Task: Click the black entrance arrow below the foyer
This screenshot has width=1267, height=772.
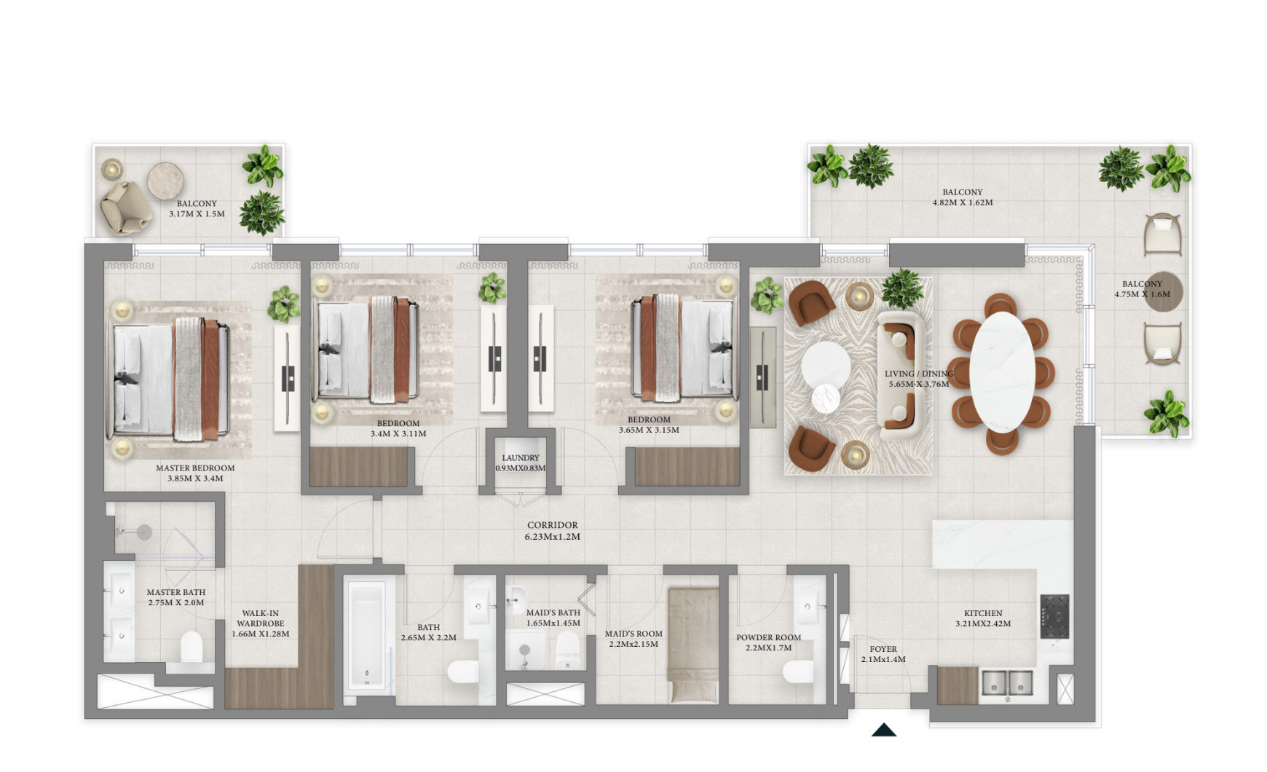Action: pos(884,730)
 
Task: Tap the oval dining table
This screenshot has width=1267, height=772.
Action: pos(1002,372)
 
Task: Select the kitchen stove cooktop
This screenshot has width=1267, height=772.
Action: pos(1054,616)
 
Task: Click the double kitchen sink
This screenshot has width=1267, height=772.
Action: pos(1007,683)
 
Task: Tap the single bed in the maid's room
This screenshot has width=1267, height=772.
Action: pos(693,645)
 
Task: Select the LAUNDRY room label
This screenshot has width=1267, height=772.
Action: pos(521,458)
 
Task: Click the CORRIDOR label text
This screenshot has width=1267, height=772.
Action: pos(553,525)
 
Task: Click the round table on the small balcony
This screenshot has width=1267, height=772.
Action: pos(165,181)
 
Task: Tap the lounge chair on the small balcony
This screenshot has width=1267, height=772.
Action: pos(126,207)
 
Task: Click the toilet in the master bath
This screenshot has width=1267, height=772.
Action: pos(192,646)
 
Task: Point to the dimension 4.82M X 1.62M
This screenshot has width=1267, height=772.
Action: pos(963,202)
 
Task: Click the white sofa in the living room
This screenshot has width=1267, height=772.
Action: pos(900,375)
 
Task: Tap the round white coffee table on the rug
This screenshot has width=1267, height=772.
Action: pos(826,364)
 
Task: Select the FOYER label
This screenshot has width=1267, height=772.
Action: pos(883,649)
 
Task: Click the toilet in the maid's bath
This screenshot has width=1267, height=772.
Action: pos(567,650)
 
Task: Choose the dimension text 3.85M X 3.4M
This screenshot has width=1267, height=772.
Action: pos(195,478)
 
